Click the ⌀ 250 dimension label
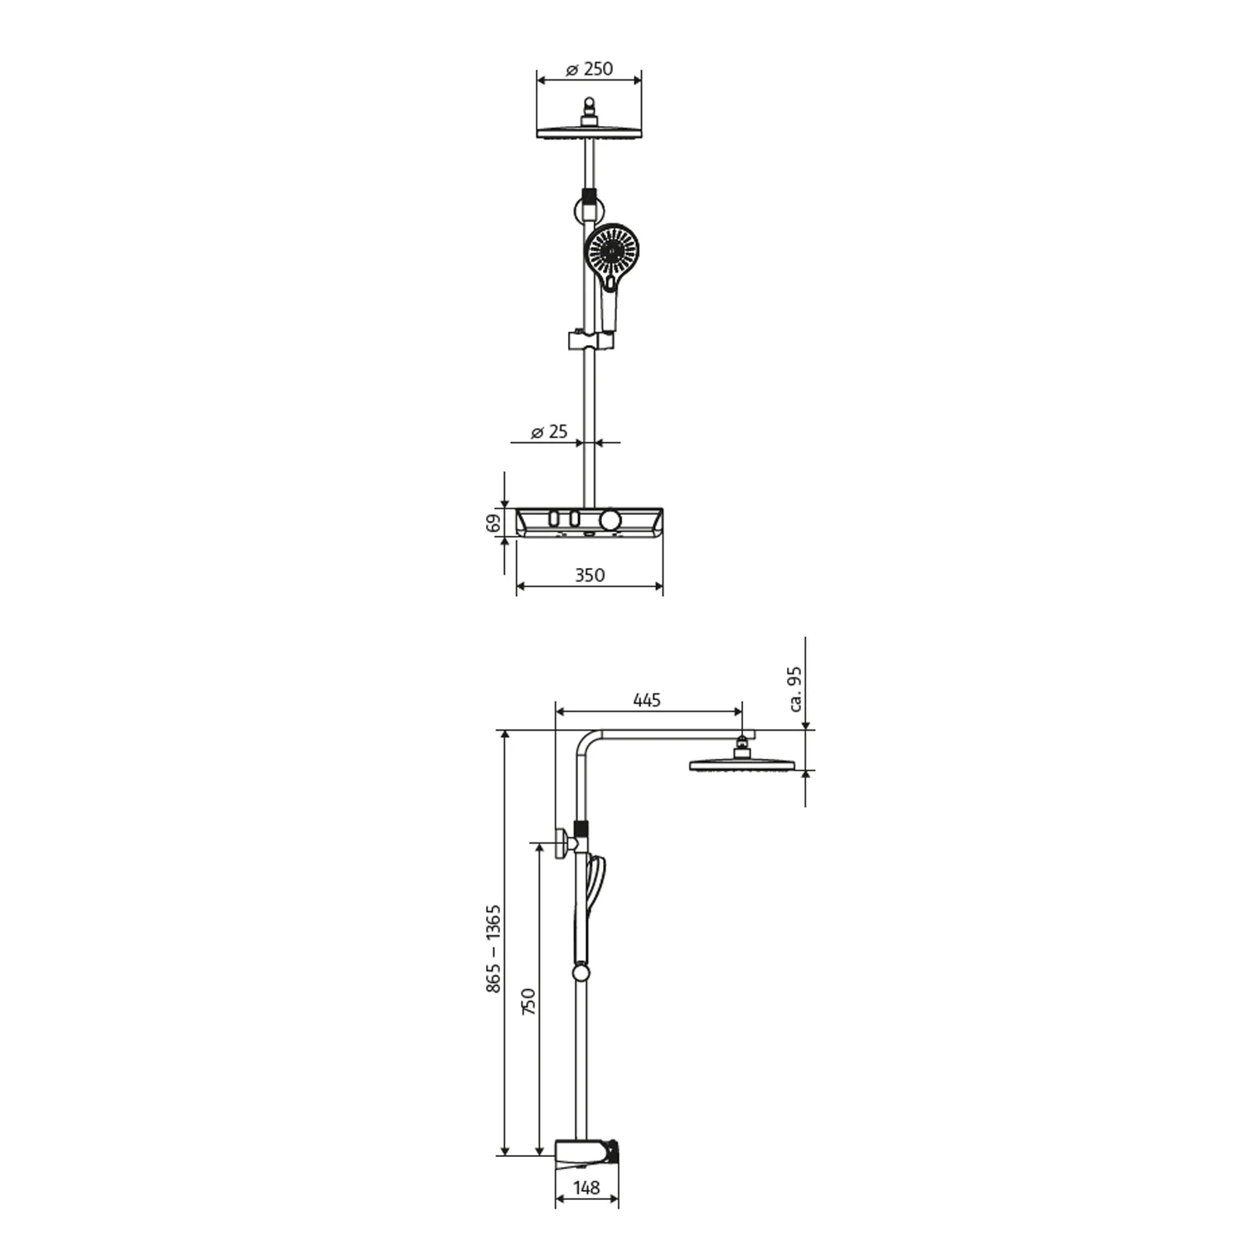point(590,69)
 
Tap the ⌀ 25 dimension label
point(549,431)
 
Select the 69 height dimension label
point(493,522)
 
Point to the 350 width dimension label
point(590,575)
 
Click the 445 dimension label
point(647,700)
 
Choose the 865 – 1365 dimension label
point(493,948)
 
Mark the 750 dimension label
point(528,1001)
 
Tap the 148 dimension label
point(586,1188)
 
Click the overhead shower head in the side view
point(741,764)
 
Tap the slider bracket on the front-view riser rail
point(591,340)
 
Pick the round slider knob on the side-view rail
point(581,974)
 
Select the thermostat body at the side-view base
point(585,1153)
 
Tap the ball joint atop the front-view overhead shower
point(590,106)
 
